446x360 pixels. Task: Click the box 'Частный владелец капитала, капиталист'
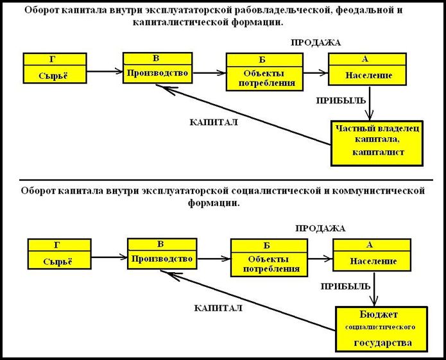377,143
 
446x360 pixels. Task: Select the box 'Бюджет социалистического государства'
381,329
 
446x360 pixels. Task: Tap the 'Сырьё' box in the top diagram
55,68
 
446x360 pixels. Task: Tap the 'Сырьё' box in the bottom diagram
60,254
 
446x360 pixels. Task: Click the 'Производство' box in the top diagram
158,68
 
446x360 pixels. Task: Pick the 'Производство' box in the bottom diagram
162,253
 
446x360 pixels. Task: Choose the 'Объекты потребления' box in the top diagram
264,72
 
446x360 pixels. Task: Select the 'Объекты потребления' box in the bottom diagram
269,257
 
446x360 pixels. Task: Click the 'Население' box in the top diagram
368,69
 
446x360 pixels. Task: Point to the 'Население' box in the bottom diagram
372,255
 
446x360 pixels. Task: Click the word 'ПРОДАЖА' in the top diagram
316,42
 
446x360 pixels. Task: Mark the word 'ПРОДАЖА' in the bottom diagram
320,228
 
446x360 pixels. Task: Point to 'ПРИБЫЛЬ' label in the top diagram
341,101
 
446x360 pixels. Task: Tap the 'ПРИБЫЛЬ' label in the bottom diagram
346,286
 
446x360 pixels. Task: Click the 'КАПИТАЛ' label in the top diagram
214,123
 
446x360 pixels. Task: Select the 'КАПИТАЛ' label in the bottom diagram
218,308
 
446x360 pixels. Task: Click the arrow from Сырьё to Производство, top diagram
105,71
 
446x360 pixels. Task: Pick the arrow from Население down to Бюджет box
374,289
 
